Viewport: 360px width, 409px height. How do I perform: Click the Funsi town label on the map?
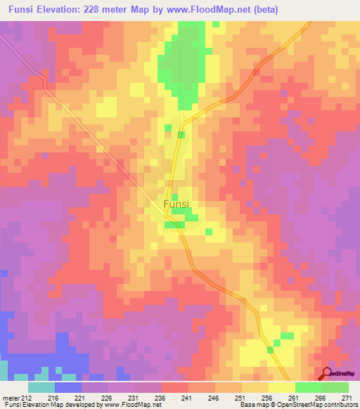175,204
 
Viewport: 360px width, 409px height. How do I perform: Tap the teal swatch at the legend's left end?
41,387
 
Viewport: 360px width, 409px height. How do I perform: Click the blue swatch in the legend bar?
68,387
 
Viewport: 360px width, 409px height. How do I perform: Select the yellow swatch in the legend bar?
281,387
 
